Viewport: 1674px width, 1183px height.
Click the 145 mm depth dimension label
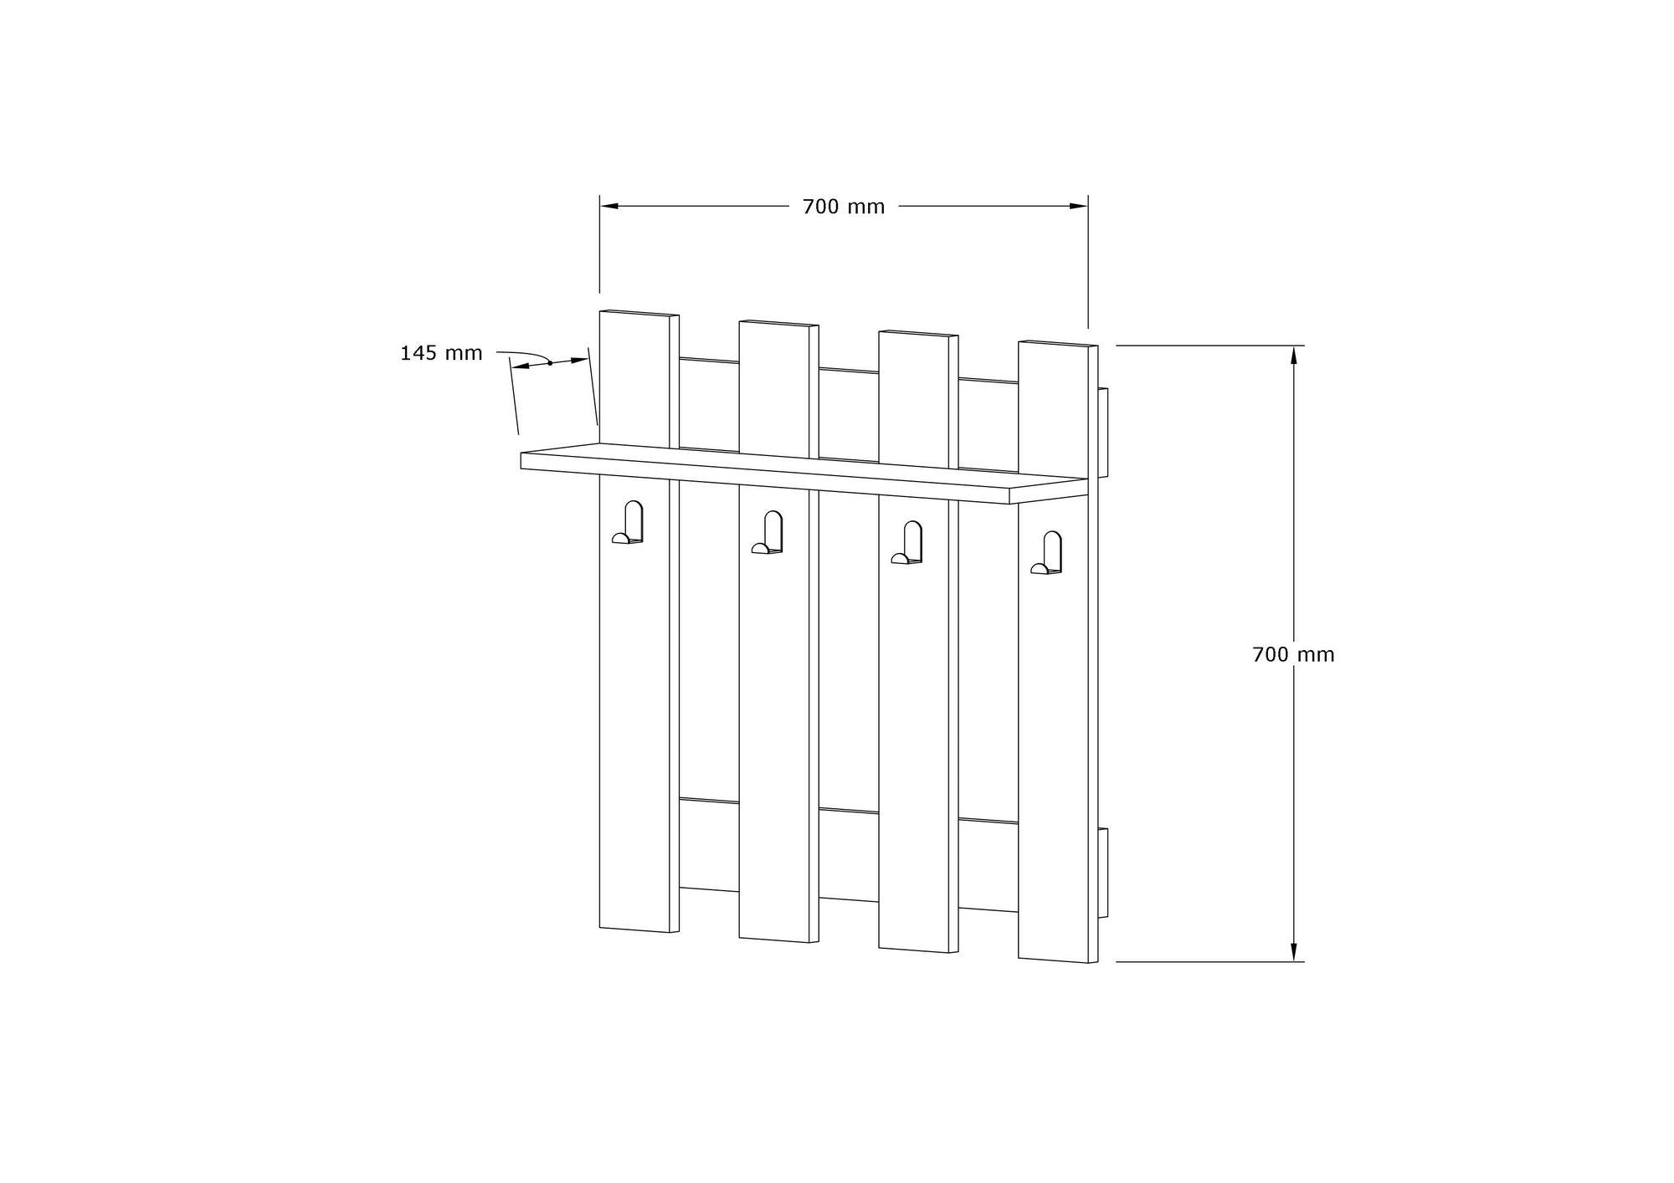[x=441, y=353]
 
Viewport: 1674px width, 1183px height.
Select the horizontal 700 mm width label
[x=843, y=207]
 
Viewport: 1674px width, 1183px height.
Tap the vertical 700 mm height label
[x=1293, y=654]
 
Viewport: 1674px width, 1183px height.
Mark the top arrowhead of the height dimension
[x=1293, y=355]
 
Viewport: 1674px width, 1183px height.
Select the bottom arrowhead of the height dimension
[x=1293, y=953]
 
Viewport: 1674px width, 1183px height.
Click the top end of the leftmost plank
[x=639, y=313]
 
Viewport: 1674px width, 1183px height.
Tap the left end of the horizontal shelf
[x=523, y=460]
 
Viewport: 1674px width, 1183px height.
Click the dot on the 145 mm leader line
[x=550, y=363]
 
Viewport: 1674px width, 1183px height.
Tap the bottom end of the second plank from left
[x=778, y=940]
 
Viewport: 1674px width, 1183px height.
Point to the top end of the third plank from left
[x=917, y=334]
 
